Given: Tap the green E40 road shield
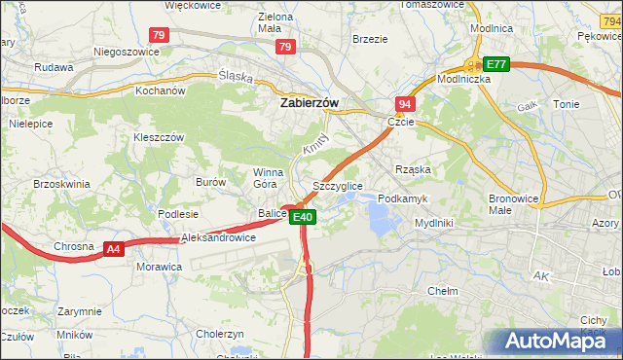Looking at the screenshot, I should point(303,217).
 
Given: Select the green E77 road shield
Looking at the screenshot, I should point(496,64).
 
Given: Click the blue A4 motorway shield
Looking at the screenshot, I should point(114,249).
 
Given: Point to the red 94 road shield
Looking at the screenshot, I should point(404,102).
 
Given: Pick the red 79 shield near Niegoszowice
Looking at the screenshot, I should point(160,35).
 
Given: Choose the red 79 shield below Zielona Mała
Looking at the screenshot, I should point(284,47).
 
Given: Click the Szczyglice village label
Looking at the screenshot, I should point(338,186).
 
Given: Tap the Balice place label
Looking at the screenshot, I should point(272,213).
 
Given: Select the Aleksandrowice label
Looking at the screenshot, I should point(219,237).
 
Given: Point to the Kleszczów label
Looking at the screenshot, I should point(159,138).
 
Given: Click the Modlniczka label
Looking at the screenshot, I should point(463,79).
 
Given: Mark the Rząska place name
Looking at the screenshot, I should point(413,169).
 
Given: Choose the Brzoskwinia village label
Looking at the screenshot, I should point(61,183).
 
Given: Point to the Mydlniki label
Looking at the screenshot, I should point(433,223).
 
